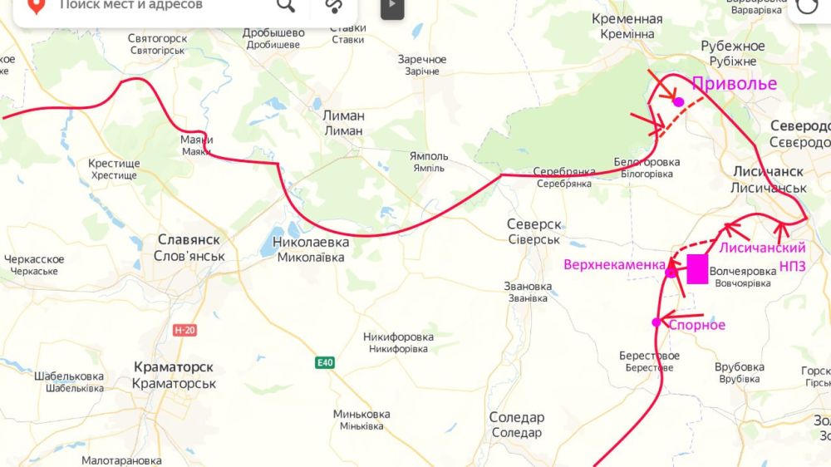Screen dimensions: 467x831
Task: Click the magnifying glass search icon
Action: coord(286,6)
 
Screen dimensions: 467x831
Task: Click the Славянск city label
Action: coord(189,247)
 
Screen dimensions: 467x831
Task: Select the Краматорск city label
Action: coord(174,375)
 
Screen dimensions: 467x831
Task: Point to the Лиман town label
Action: coord(343,123)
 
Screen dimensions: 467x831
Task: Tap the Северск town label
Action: coord(534,231)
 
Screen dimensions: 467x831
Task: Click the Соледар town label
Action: coord(516,425)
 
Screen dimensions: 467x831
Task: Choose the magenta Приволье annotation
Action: coord(735,83)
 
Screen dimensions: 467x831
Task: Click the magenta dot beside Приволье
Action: coord(679,102)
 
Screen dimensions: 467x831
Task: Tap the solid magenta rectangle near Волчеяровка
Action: coord(697,269)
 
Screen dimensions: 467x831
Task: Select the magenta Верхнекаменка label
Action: coord(614,265)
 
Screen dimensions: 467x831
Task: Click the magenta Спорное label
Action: coord(697,325)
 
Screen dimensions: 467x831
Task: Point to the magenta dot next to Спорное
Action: coord(656,322)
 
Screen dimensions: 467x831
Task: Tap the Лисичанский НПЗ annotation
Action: coord(763,256)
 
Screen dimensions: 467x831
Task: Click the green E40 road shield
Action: coord(325,363)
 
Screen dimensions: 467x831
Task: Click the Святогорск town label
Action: coord(157,43)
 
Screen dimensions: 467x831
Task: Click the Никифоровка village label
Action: coord(398,342)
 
